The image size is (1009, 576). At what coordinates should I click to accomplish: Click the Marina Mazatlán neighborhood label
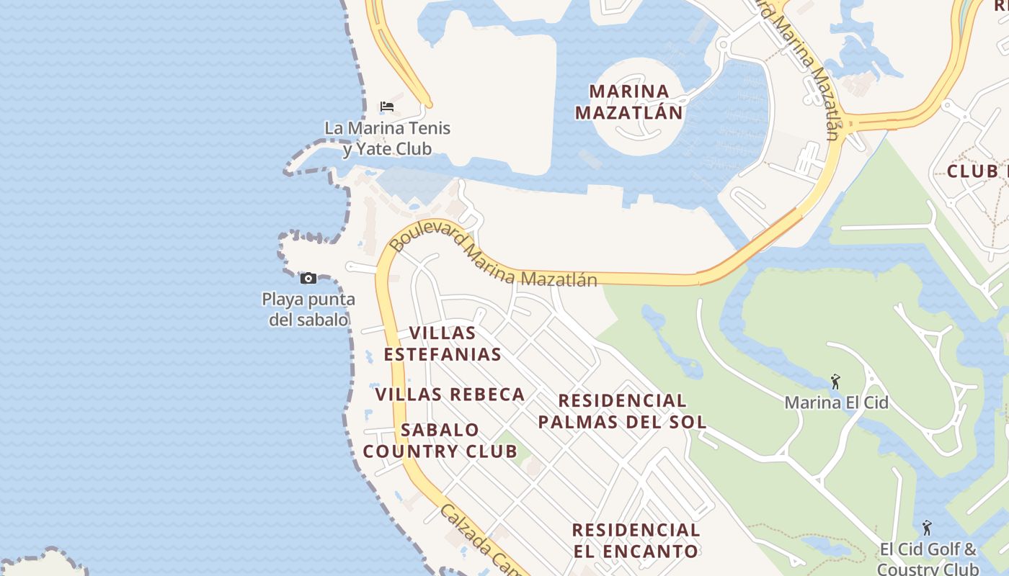coord(628,102)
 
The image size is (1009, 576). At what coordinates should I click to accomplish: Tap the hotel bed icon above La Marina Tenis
coord(387,107)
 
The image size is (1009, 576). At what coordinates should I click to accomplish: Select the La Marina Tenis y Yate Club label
coord(387,138)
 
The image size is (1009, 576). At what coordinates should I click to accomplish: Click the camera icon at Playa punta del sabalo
coord(308,279)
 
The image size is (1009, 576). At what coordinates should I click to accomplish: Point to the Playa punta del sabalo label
coord(308,309)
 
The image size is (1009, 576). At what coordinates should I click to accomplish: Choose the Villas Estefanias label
coord(443,343)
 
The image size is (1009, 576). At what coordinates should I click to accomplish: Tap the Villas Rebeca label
coord(450,395)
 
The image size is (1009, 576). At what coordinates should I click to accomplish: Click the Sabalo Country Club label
coord(440,441)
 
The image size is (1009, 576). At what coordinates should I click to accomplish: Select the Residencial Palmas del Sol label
coord(622,411)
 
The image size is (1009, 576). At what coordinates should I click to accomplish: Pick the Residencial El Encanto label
coord(636,541)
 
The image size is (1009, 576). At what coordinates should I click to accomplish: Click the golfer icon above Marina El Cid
coord(835,381)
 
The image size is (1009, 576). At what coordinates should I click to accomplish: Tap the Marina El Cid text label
coord(836,402)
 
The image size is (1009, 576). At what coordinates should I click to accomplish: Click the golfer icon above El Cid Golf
coord(927,528)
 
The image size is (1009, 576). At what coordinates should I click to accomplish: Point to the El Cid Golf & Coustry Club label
coord(928,559)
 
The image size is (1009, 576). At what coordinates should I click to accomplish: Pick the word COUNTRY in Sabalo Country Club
coord(440,451)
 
